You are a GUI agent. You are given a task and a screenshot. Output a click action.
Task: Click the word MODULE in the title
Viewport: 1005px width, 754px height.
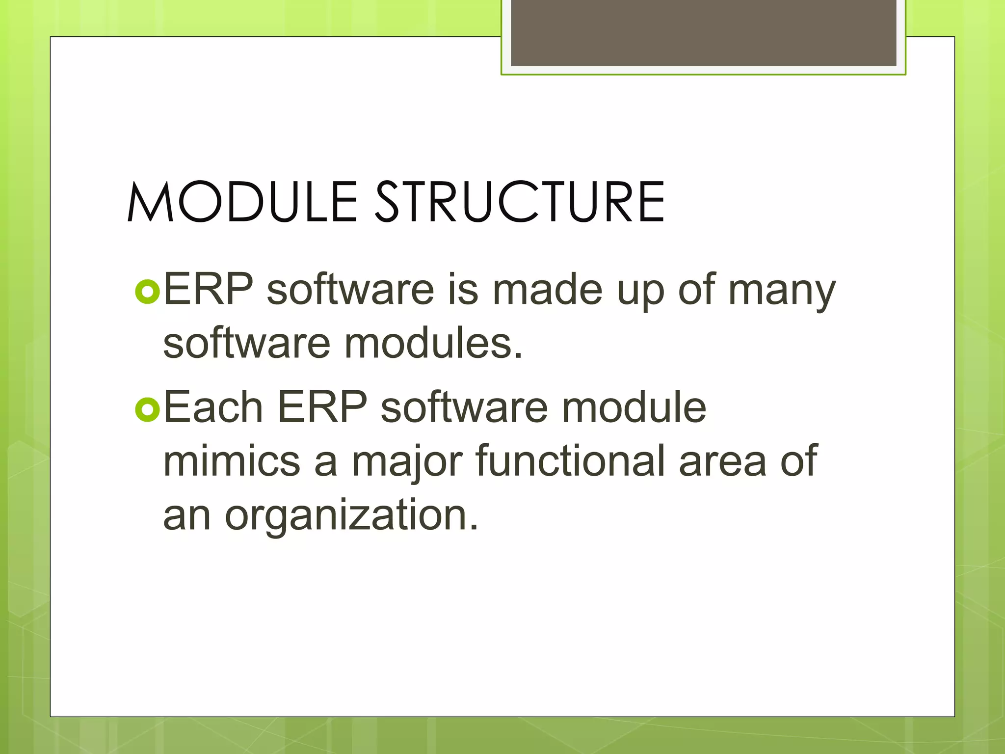(x=242, y=202)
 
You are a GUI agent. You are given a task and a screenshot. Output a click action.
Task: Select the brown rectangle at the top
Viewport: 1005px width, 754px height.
(x=703, y=32)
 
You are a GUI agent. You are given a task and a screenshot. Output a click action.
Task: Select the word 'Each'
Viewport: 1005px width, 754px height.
(x=213, y=407)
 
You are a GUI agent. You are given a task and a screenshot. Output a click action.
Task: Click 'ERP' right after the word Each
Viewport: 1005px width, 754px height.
(x=322, y=407)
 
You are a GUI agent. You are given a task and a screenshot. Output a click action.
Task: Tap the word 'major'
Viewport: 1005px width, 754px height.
(x=407, y=462)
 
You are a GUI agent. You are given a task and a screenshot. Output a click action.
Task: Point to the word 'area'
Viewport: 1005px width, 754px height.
(x=722, y=462)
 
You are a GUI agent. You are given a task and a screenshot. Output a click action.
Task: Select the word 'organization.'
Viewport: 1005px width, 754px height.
(x=351, y=516)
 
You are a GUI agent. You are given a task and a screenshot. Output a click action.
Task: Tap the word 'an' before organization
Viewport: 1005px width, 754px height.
(x=186, y=516)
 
